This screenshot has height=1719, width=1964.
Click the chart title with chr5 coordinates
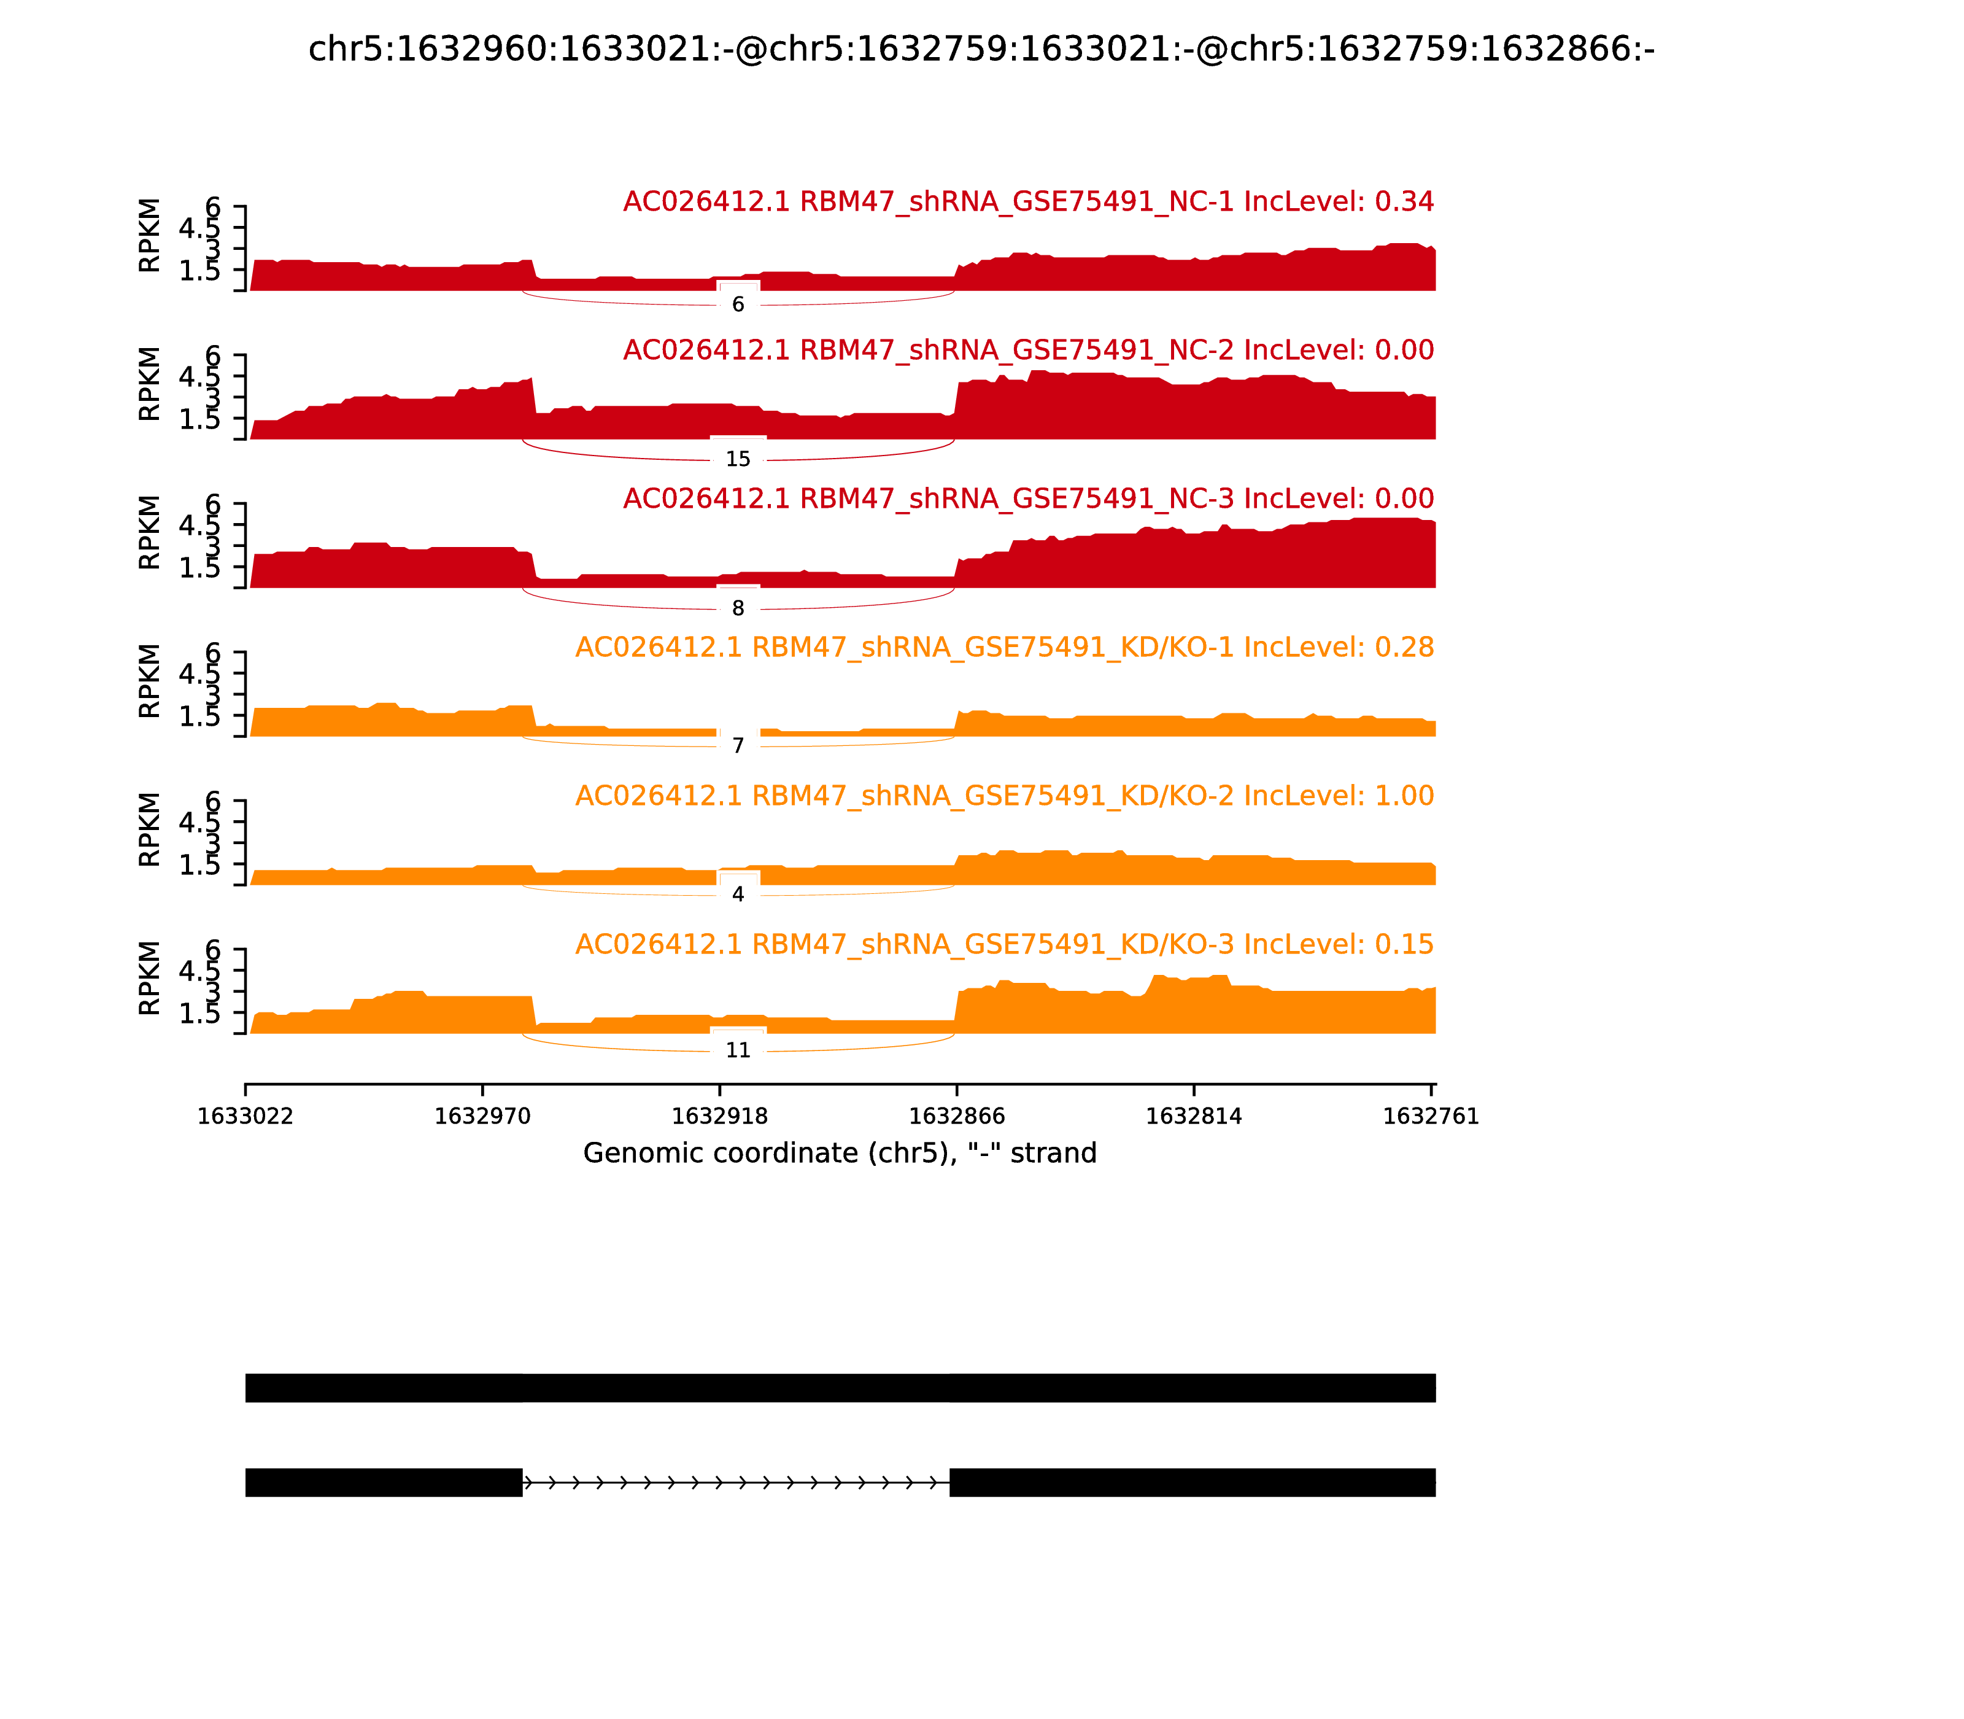coord(981,49)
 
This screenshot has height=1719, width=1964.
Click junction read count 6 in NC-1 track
coord(738,304)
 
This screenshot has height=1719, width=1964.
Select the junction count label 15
coord(738,459)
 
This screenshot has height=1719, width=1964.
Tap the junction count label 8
coord(738,608)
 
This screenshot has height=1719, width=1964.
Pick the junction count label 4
coord(738,894)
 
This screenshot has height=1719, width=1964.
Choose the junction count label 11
coord(738,1050)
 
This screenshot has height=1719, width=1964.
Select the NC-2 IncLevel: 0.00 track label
coord(1028,350)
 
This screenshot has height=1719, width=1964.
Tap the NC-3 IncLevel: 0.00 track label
coord(1028,499)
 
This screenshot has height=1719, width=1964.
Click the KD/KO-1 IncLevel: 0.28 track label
coord(1004,648)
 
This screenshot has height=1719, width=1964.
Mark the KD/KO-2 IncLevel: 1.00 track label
coord(1004,796)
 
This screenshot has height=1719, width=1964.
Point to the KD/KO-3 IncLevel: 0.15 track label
coord(1004,945)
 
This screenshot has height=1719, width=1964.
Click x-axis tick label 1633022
coord(245,1117)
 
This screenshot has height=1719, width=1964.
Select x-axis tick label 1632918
coord(719,1117)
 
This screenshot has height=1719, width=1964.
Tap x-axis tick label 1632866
coord(956,1117)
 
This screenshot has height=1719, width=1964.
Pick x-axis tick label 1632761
coord(1430,1117)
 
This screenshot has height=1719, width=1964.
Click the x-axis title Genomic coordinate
coord(839,1153)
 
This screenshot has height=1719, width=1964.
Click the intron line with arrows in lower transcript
coord(735,1483)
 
